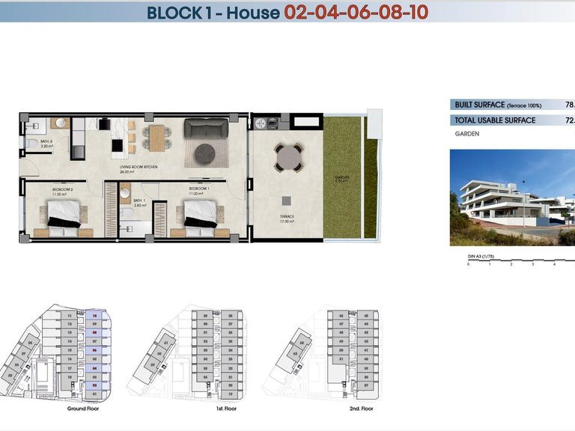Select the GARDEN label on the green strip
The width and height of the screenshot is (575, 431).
click(x=342, y=179)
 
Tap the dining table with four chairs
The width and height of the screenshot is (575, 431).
click(x=156, y=136)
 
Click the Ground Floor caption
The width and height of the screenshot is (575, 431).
click(x=82, y=409)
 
